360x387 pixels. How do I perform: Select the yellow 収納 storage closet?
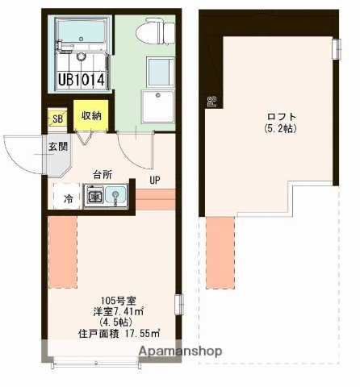[90, 115]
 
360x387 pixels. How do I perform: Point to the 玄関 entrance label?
[57, 147]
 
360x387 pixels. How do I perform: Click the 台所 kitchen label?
[103, 174]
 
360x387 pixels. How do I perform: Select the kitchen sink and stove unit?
[105, 195]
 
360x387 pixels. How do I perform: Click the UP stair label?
[154, 180]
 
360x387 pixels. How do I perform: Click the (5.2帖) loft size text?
[276, 128]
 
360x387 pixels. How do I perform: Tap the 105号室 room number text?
[115, 298]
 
